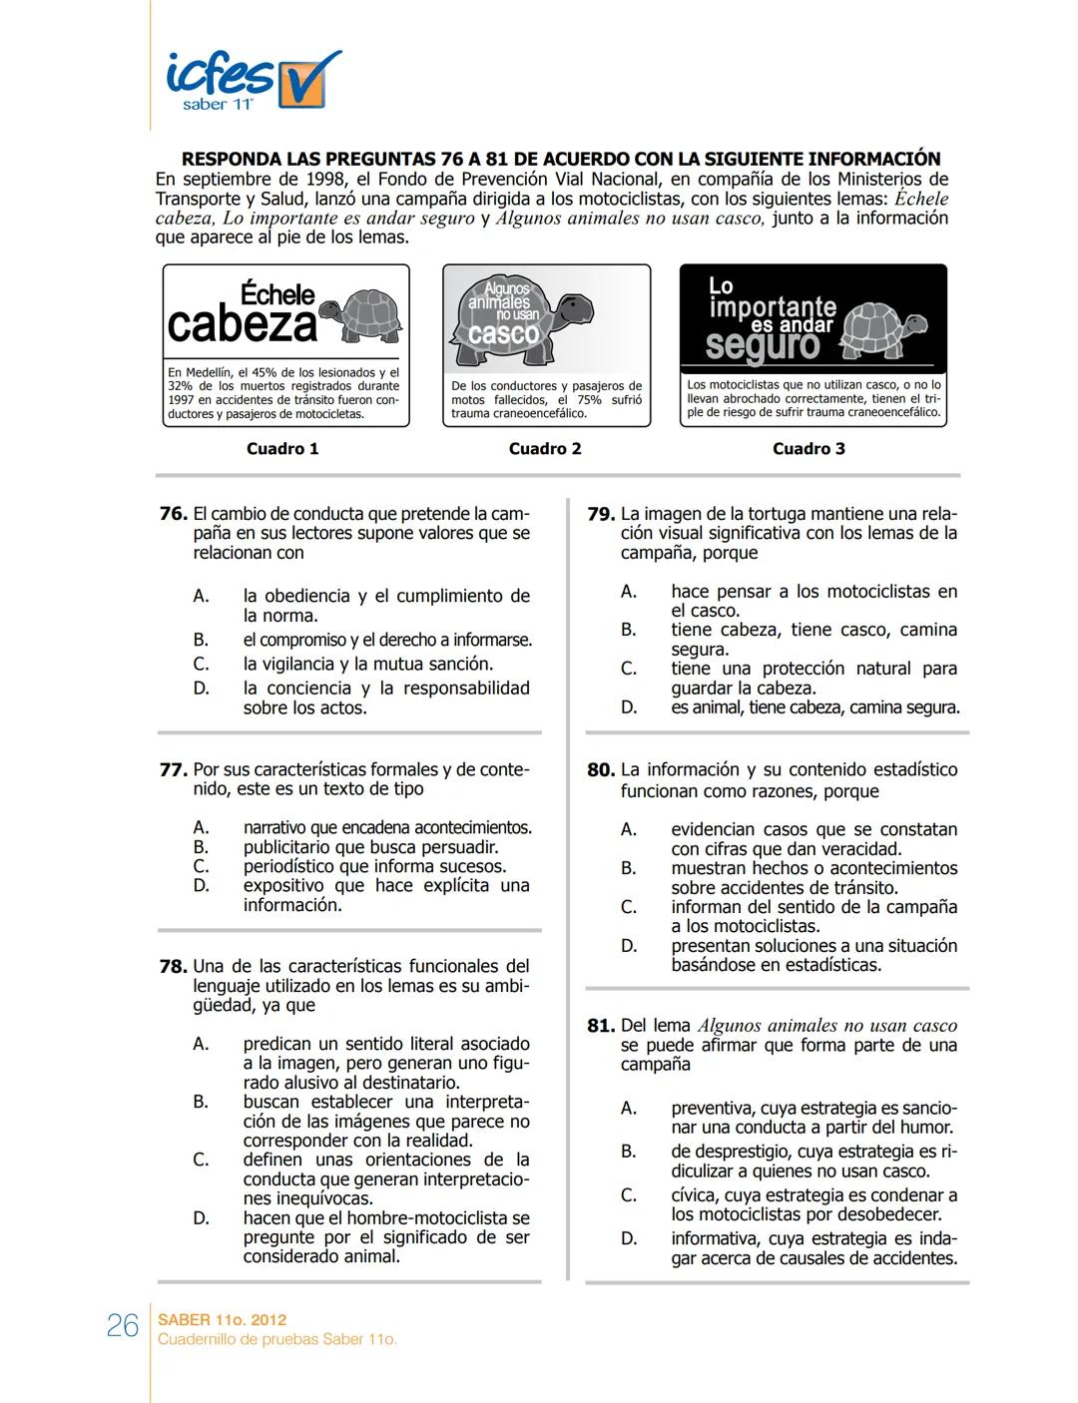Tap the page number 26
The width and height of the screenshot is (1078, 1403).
pos(122,1325)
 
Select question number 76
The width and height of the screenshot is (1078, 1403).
pos(173,514)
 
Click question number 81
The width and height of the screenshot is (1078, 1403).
pos(600,1026)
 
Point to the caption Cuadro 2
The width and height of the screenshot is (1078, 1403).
pos(545,449)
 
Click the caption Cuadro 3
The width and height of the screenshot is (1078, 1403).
pos(808,449)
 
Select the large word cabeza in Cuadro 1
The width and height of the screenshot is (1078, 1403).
pos(242,324)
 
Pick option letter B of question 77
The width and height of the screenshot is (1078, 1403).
pos(201,847)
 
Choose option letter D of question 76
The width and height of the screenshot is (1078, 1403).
pos(201,689)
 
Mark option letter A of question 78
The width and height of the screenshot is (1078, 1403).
pos(201,1044)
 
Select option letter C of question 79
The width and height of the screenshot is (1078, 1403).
pos(629,669)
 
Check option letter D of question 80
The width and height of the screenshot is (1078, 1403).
pos(629,946)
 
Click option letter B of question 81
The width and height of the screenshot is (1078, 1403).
pos(629,1152)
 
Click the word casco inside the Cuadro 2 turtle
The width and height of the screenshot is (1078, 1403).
pos(503,334)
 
